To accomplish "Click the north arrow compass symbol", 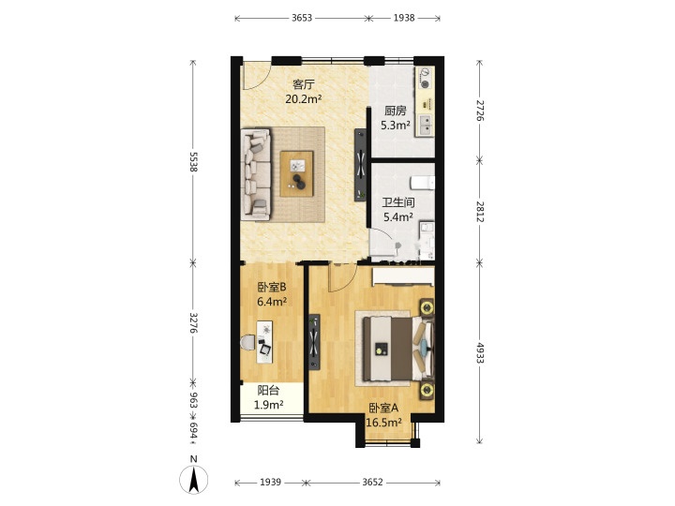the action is tap(194, 479).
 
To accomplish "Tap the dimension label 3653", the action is tap(302, 18).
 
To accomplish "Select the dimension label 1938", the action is tap(404, 18).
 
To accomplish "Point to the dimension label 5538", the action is tap(193, 162).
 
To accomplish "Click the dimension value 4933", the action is tap(480, 353).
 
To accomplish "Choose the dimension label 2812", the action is tap(480, 212).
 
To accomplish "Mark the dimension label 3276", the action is tap(193, 322).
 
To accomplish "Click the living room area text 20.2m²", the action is tap(304, 99).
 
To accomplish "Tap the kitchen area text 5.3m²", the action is tap(396, 126).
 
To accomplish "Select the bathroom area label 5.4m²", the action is tap(398, 216).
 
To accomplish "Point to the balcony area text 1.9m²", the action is tap(268, 405).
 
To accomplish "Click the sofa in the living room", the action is tap(256, 174).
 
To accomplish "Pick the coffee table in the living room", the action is tap(296, 174).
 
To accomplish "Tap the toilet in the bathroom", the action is tap(422, 183).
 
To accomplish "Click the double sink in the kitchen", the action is tap(425, 126).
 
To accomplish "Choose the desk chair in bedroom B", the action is tap(247, 343).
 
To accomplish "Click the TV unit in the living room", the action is tap(360, 165).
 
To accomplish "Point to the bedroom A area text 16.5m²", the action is tap(384, 423).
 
